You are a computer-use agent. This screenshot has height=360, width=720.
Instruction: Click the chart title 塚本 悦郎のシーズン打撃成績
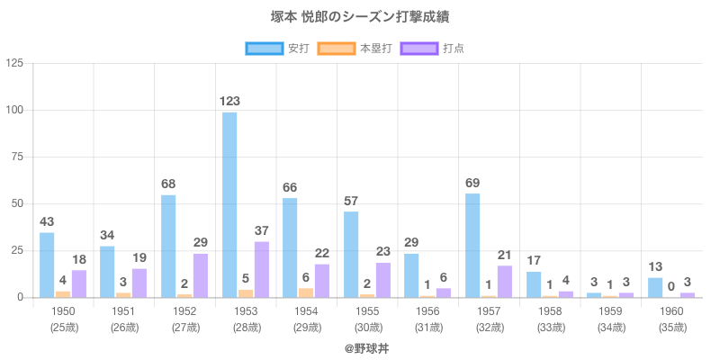click(x=360, y=17)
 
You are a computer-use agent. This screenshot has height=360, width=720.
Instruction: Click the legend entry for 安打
click(x=280, y=48)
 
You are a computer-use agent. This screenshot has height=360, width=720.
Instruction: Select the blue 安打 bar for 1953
click(x=229, y=204)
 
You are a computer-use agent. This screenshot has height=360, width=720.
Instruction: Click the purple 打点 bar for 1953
click(x=262, y=269)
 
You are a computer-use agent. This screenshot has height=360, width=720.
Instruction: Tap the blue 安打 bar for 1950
click(x=47, y=265)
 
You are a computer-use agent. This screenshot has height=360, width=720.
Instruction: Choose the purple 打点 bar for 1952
click(x=201, y=275)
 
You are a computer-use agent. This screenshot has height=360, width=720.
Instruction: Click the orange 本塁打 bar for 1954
click(x=306, y=292)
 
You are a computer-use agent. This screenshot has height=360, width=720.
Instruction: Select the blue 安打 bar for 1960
click(x=655, y=287)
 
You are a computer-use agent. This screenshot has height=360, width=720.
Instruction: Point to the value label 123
click(x=229, y=102)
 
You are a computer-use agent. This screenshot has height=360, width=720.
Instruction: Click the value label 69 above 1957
click(x=472, y=184)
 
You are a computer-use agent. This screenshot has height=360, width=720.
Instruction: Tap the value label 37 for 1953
click(x=262, y=231)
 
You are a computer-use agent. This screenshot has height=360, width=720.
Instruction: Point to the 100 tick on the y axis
click(x=16, y=110)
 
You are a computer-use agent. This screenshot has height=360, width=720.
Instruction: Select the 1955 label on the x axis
click(x=367, y=310)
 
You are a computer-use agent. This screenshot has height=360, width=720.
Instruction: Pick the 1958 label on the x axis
click(x=550, y=310)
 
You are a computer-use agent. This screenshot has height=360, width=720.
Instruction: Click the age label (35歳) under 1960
click(x=671, y=327)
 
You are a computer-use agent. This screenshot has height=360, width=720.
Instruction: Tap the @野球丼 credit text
click(x=360, y=347)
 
